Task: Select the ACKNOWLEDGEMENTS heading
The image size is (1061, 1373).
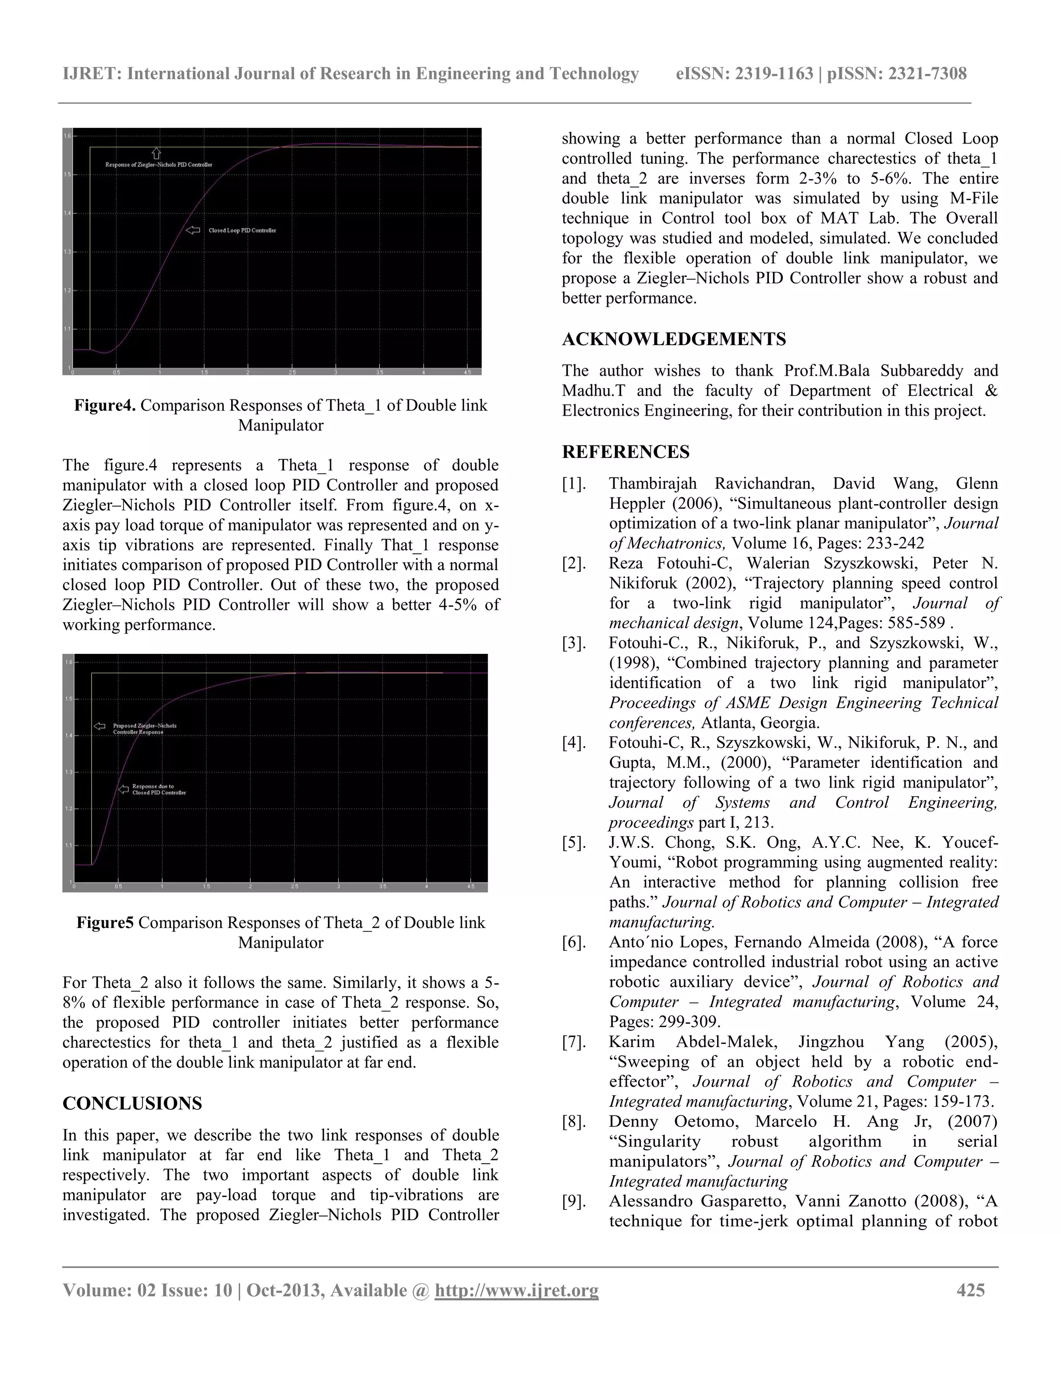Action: pos(674,339)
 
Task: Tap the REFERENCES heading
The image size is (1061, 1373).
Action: pos(625,452)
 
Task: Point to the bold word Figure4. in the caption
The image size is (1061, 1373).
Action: pos(105,406)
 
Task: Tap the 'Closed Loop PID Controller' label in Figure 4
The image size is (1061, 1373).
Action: pos(242,231)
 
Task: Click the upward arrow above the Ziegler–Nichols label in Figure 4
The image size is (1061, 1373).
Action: pos(156,153)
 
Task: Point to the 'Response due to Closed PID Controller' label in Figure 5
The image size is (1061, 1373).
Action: pos(159,790)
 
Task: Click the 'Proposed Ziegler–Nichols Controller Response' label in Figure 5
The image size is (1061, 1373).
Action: pos(145,728)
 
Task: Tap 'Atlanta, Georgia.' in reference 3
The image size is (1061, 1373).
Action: pos(760,723)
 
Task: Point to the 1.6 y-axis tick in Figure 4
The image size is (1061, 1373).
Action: pos(67,136)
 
